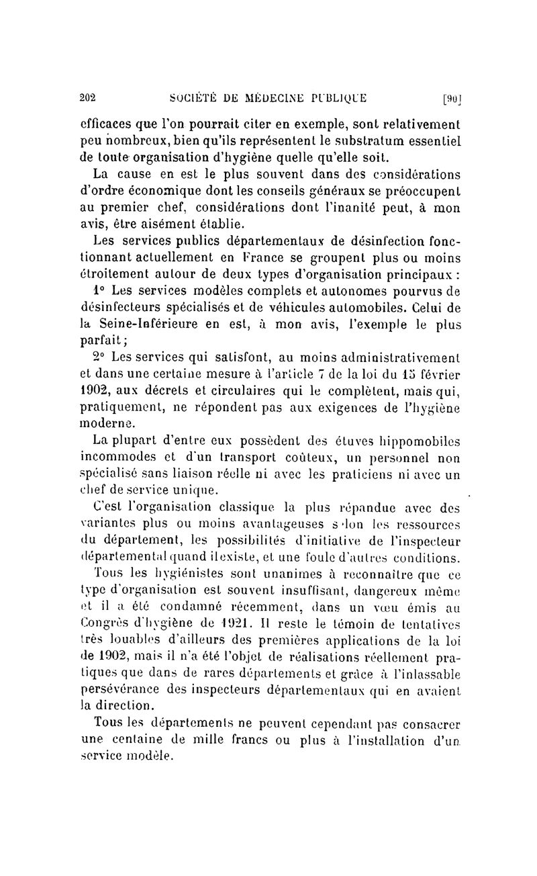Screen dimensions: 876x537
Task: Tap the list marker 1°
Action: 100,290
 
